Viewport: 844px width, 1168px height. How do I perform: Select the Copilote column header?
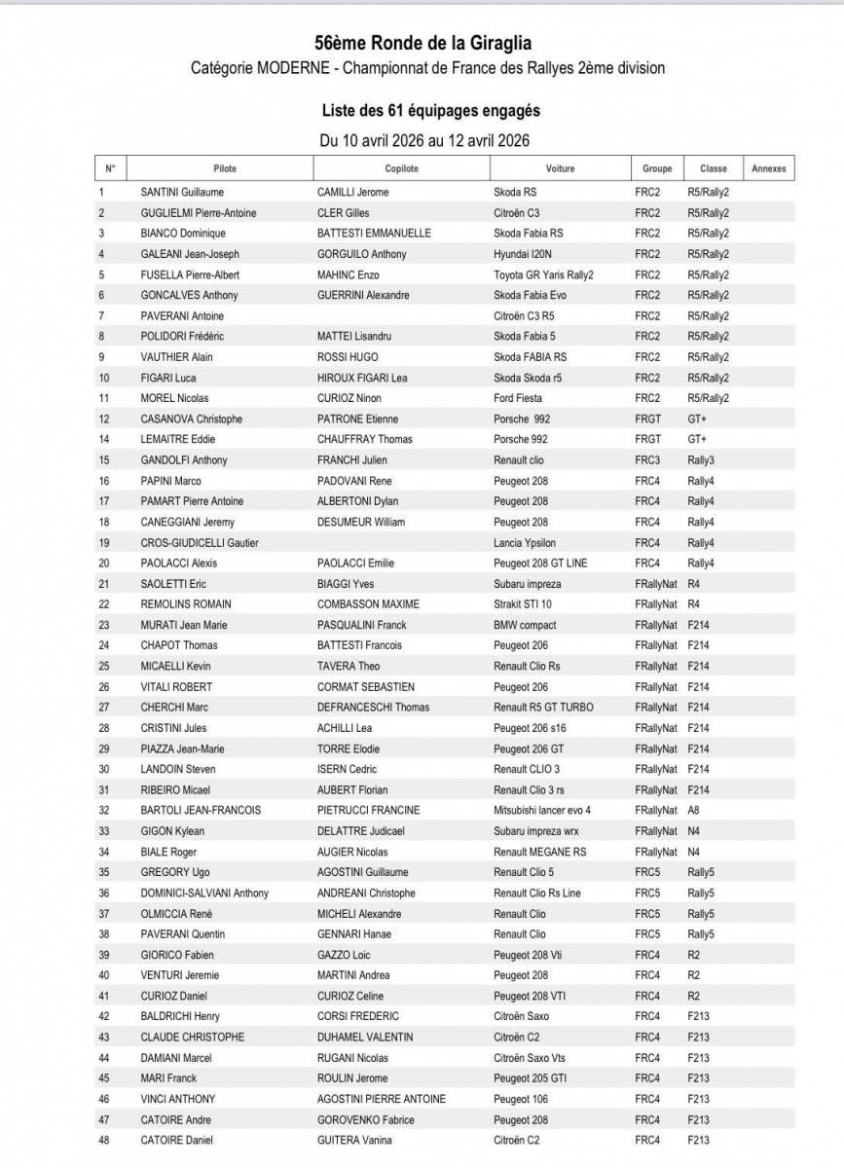[401, 168]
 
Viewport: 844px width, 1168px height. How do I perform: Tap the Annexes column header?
[768, 168]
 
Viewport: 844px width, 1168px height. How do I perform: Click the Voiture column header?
[560, 168]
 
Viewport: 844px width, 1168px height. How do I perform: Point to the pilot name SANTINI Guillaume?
[182, 193]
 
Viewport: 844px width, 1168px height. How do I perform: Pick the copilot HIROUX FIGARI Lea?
[362, 378]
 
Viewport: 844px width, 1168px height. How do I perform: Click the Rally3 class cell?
[701, 460]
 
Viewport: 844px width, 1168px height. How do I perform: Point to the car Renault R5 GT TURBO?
[543, 708]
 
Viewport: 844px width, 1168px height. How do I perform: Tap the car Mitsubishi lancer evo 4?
[542, 810]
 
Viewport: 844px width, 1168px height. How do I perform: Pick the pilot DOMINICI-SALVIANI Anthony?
[204, 893]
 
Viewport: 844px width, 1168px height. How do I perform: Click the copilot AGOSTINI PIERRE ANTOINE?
[382, 1099]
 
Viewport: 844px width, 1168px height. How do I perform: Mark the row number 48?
[103, 1140]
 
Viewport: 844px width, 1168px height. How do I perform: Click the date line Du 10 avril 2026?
[424, 140]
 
